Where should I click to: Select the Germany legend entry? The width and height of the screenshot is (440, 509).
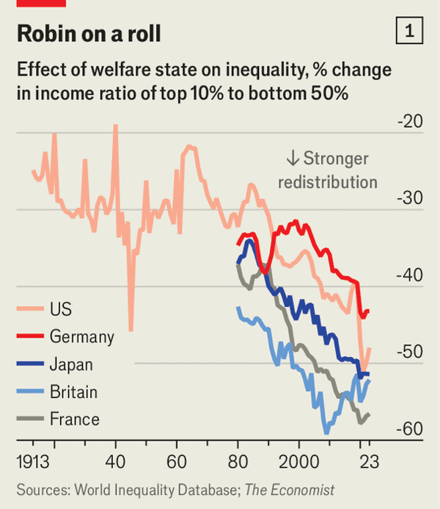click(81, 336)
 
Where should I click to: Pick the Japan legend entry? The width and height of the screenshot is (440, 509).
click(71, 364)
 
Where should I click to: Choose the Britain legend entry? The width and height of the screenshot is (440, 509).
click(73, 392)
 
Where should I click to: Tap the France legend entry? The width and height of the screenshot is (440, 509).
click(74, 420)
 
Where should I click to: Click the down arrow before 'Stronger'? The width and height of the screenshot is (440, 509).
click(292, 159)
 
